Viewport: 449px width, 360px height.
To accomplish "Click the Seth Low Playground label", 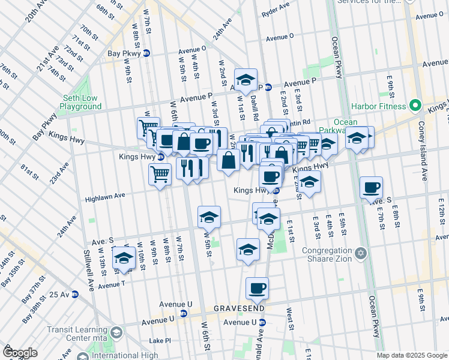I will [81, 102].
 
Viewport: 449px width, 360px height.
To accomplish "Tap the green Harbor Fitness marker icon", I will [415, 106].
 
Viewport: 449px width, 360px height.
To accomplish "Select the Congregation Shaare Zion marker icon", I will [360, 253].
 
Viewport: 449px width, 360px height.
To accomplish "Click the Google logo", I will [20, 352].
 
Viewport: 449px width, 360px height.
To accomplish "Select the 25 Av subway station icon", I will [75, 294].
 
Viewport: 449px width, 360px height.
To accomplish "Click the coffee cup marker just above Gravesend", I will [258, 288].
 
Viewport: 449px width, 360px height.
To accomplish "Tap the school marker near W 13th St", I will [124, 257].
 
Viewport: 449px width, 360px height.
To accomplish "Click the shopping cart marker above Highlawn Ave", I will [160, 175].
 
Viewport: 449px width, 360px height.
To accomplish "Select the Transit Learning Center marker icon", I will [116, 332].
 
